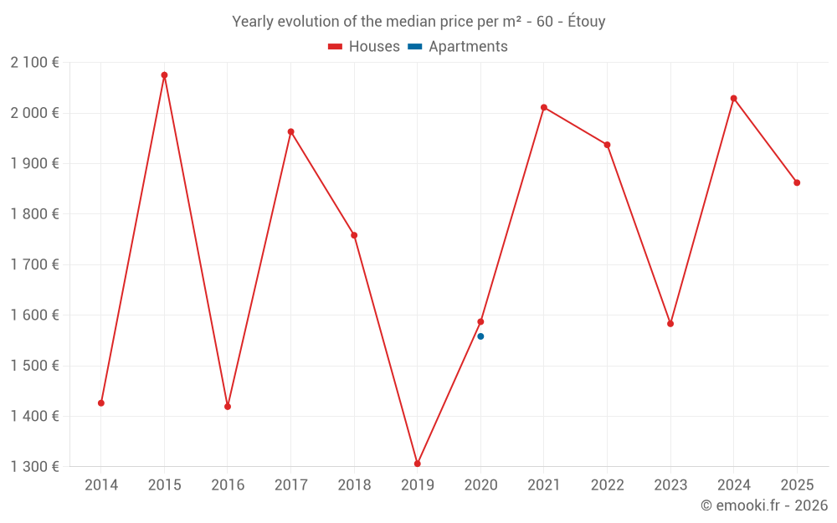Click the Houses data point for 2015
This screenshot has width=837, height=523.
(x=164, y=75)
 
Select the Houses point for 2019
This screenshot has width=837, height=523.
(x=418, y=464)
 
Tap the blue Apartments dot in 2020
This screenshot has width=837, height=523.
(x=480, y=336)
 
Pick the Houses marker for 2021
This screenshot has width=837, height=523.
(x=544, y=107)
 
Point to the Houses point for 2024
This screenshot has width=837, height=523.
(x=734, y=99)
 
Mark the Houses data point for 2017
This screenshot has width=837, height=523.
(x=291, y=131)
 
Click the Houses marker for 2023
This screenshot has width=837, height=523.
(x=670, y=324)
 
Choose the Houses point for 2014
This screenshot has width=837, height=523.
(x=101, y=403)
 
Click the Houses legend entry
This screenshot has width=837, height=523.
(x=364, y=47)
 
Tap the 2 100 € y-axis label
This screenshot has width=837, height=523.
(x=34, y=63)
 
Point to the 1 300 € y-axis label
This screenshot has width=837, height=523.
(x=34, y=467)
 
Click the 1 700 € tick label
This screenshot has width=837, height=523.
(x=34, y=264)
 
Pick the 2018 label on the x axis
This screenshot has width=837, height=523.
(x=354, y=485)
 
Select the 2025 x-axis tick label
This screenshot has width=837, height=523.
(x=797, y=485)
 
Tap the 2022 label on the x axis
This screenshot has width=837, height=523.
(x=607, y=485)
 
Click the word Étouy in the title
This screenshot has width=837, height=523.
(x=586, y=22)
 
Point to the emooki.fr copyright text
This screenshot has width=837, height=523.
(x=764, y=505)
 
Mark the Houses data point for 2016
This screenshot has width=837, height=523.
(x=228, y=407)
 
